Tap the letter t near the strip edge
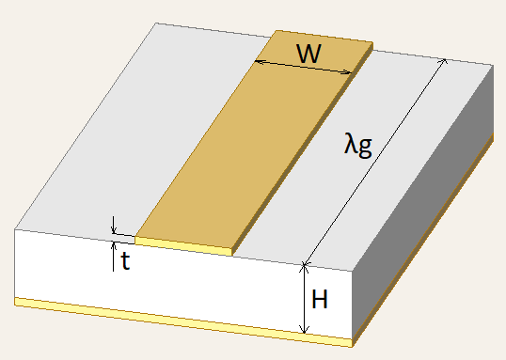point(124,261)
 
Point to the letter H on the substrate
point(320,300)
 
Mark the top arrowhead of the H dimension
point(303,267)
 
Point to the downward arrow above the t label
point(113,230)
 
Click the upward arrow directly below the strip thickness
point(113,246)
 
